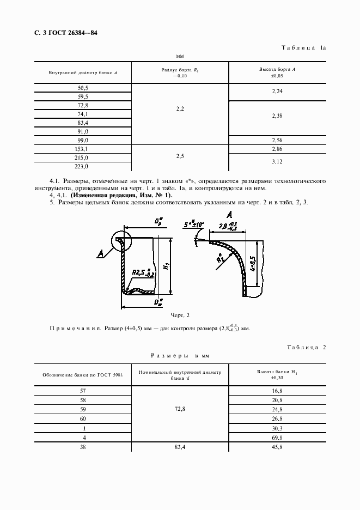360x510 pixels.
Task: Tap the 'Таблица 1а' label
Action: coord(303,48)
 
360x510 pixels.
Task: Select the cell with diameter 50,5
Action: coord(83,88)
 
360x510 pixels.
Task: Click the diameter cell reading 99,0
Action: coord(83,140)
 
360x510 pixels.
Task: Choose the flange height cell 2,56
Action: coord(276,140)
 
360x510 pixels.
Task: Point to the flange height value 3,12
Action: coord(276,162)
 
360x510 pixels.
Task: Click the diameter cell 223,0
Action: coord(83,166)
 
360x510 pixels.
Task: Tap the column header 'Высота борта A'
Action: coord(276,70)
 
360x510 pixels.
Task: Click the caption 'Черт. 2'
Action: coord(180,315)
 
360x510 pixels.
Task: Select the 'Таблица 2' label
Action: coord(305,347)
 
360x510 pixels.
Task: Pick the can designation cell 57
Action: coord(83,391)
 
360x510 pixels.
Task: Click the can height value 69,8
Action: coord(276,438)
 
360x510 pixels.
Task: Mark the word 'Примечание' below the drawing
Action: coord(74,329)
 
